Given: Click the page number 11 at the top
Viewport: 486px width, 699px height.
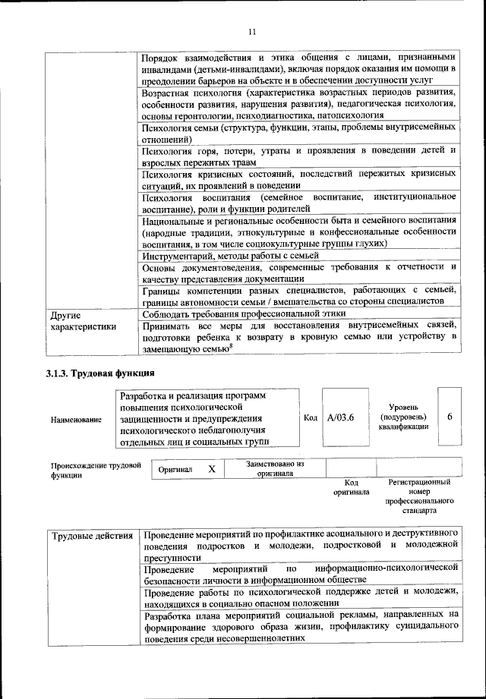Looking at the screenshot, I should click(x=252, y=31).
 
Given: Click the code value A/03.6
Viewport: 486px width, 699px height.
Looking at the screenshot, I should click(x=341, y=417).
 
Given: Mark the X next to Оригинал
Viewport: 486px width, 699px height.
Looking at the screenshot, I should click(x=212, y=469).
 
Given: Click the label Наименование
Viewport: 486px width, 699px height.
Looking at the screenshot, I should click(x=76, y=420).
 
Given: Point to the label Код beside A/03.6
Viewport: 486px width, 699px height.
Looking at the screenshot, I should click(x=310, y=417).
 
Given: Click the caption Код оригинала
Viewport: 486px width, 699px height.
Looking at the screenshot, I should click(x=351, y=486).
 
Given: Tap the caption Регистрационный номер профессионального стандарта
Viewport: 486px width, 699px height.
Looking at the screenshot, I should click(x=419, y=496).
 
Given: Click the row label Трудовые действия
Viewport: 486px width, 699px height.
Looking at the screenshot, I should click(x=92, y=537).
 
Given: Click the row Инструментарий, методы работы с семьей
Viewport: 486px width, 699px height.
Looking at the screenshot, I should click(x=232, y=256).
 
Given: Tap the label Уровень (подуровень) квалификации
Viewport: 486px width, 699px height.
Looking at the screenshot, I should click(x=402, y=417).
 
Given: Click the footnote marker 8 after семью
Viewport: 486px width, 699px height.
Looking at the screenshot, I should click(x=232, y=346).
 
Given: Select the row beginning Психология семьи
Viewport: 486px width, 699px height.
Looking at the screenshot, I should click(x=299, y=134).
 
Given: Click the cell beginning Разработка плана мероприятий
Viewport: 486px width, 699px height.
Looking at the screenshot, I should click(x=299, y=626).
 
